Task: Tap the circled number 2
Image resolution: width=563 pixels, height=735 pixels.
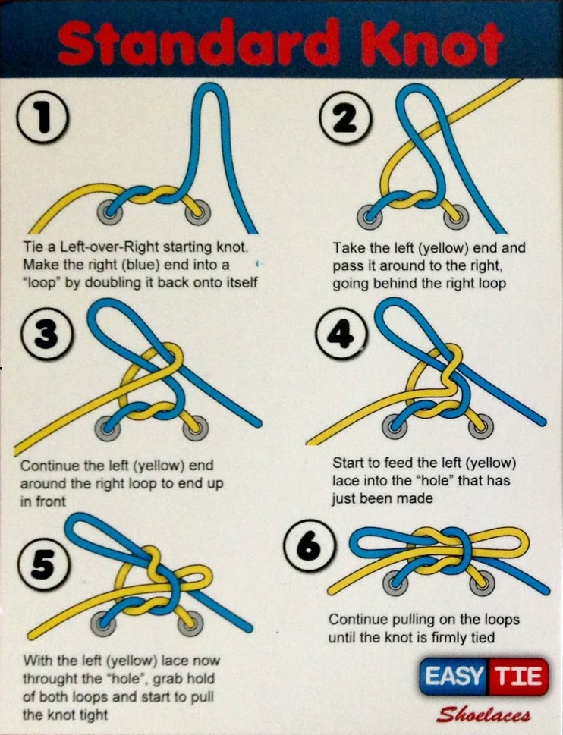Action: (x=345, y=118)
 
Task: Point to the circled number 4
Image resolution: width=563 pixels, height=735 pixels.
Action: (x=341, y=334)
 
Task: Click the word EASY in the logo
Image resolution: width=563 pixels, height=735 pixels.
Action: (x=453, y=677)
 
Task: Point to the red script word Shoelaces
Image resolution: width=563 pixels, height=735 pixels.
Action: (x=484, y=715)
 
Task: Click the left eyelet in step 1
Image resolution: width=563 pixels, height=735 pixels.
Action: (x=110, y=212)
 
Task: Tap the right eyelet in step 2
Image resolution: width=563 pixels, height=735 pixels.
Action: (x=456, y=217)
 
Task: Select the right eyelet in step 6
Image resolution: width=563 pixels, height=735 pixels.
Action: (x=481, y=584)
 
